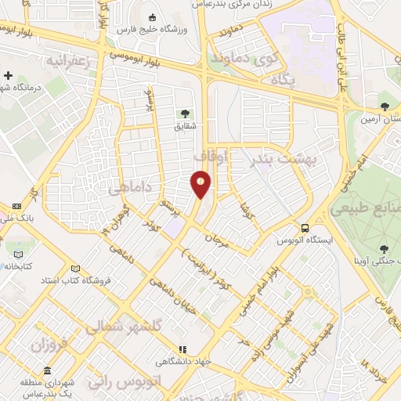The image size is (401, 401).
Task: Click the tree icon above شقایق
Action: coord(185,114)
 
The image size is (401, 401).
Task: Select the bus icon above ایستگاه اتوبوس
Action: coord(303,229)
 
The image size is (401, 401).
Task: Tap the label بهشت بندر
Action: coord(280,159)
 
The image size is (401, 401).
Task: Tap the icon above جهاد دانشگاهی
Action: coord(183,349)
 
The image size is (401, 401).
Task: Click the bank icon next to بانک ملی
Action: coord(16,207)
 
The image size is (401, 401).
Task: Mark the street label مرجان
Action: coord(215,235)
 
